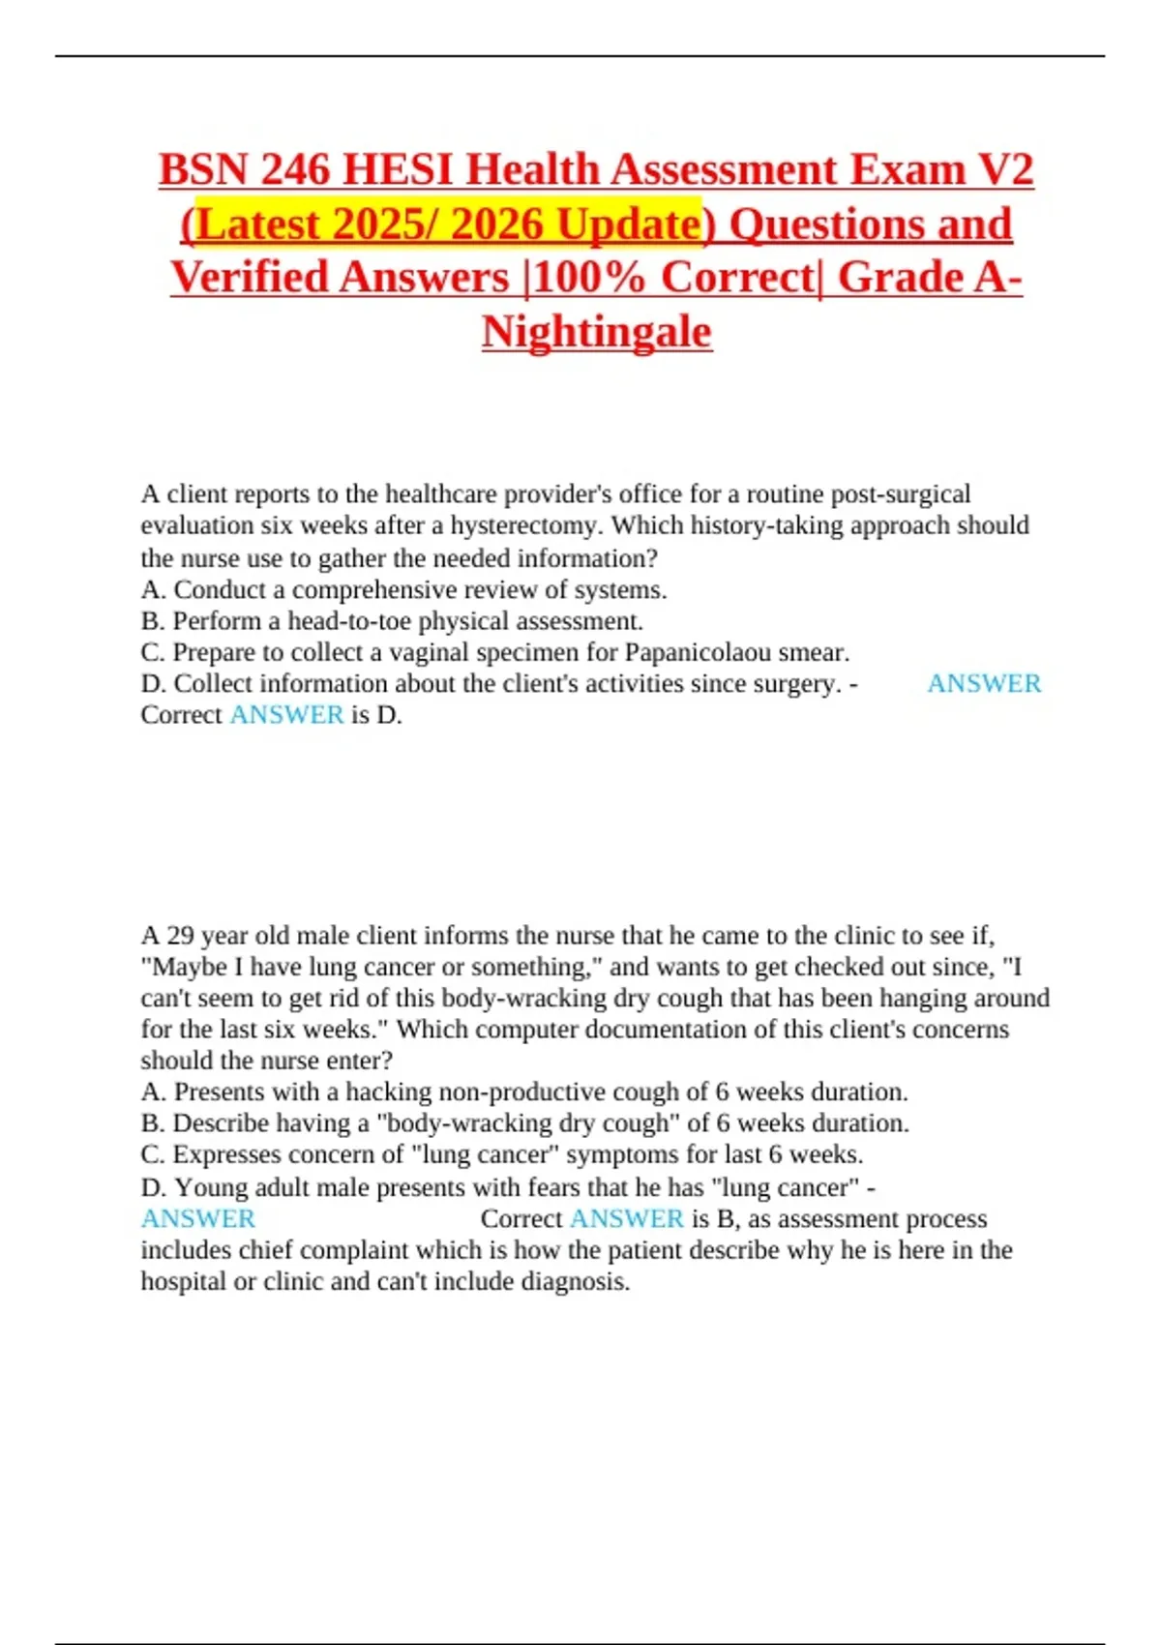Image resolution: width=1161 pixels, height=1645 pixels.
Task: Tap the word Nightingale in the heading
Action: pyautogui.click(x=597, y=332)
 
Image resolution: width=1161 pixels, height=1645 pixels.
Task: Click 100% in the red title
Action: pyautogui.click(x=589, y=278)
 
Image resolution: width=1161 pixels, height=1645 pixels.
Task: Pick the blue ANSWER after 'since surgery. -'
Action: pyautogui.click(x=984, y=683)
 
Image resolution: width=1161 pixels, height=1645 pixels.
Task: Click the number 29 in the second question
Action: pyautogui.click(x=180, y=936)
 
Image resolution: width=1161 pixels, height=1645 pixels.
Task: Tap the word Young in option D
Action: pyautogui.click(x=210, y=1187)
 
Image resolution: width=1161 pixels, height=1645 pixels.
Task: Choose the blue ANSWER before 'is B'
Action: pyautogui.click(x=627, y=1218)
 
